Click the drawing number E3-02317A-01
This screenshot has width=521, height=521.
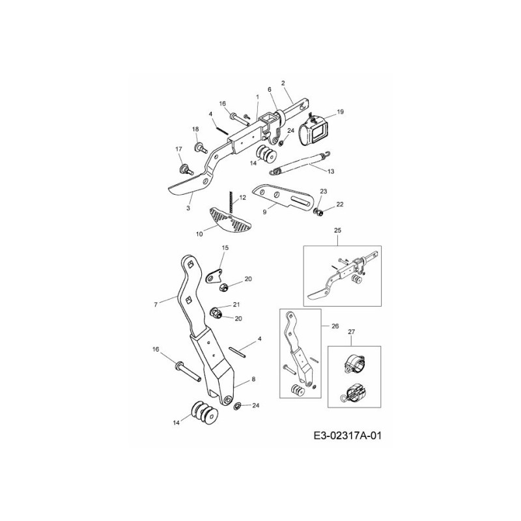[347, 435]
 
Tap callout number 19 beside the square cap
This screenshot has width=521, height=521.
[340, 111]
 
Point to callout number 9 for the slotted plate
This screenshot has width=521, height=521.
[264, 212]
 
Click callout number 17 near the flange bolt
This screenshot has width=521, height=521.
[178, 150]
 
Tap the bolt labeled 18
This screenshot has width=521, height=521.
[201, 147]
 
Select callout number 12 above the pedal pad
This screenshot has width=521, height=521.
[242, 198]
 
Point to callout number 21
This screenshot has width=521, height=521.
[236, 304]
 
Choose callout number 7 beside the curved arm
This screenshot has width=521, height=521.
[156, 304]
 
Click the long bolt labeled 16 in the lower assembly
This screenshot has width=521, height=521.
[187, 371]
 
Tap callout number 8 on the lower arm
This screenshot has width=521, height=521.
[253, 379]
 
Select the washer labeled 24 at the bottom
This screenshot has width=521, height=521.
[238, 406]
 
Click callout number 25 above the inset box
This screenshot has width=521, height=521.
[338, 230]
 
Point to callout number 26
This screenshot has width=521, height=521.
[335, 326]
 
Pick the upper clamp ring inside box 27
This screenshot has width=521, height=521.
[354, 365]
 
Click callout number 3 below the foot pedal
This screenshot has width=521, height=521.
[188, 208]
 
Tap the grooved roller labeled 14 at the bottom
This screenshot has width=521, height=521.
[204, 413]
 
